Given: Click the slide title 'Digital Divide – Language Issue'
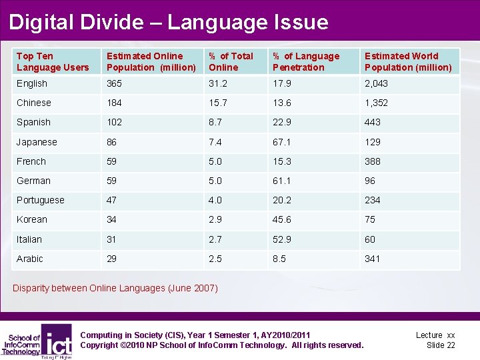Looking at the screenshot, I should (169, 22).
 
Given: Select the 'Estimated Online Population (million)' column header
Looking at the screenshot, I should (151, 62).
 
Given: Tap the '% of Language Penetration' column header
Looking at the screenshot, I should (307, 62).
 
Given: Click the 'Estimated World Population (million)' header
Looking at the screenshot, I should (408, 62).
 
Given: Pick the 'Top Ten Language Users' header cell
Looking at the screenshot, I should (53, 62).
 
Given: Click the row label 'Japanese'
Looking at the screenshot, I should (37, 142).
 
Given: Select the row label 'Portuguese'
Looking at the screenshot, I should (41, 200).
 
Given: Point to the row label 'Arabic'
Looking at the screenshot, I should (30, 259).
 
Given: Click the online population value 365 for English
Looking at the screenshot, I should (115, 83).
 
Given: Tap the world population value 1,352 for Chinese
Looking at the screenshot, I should (376, 103).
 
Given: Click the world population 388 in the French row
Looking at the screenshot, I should (373, 161).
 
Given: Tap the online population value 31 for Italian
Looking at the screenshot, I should (112, 239).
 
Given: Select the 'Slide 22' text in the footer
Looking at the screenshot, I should (441, 345).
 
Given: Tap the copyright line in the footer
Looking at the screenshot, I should (221, 345).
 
